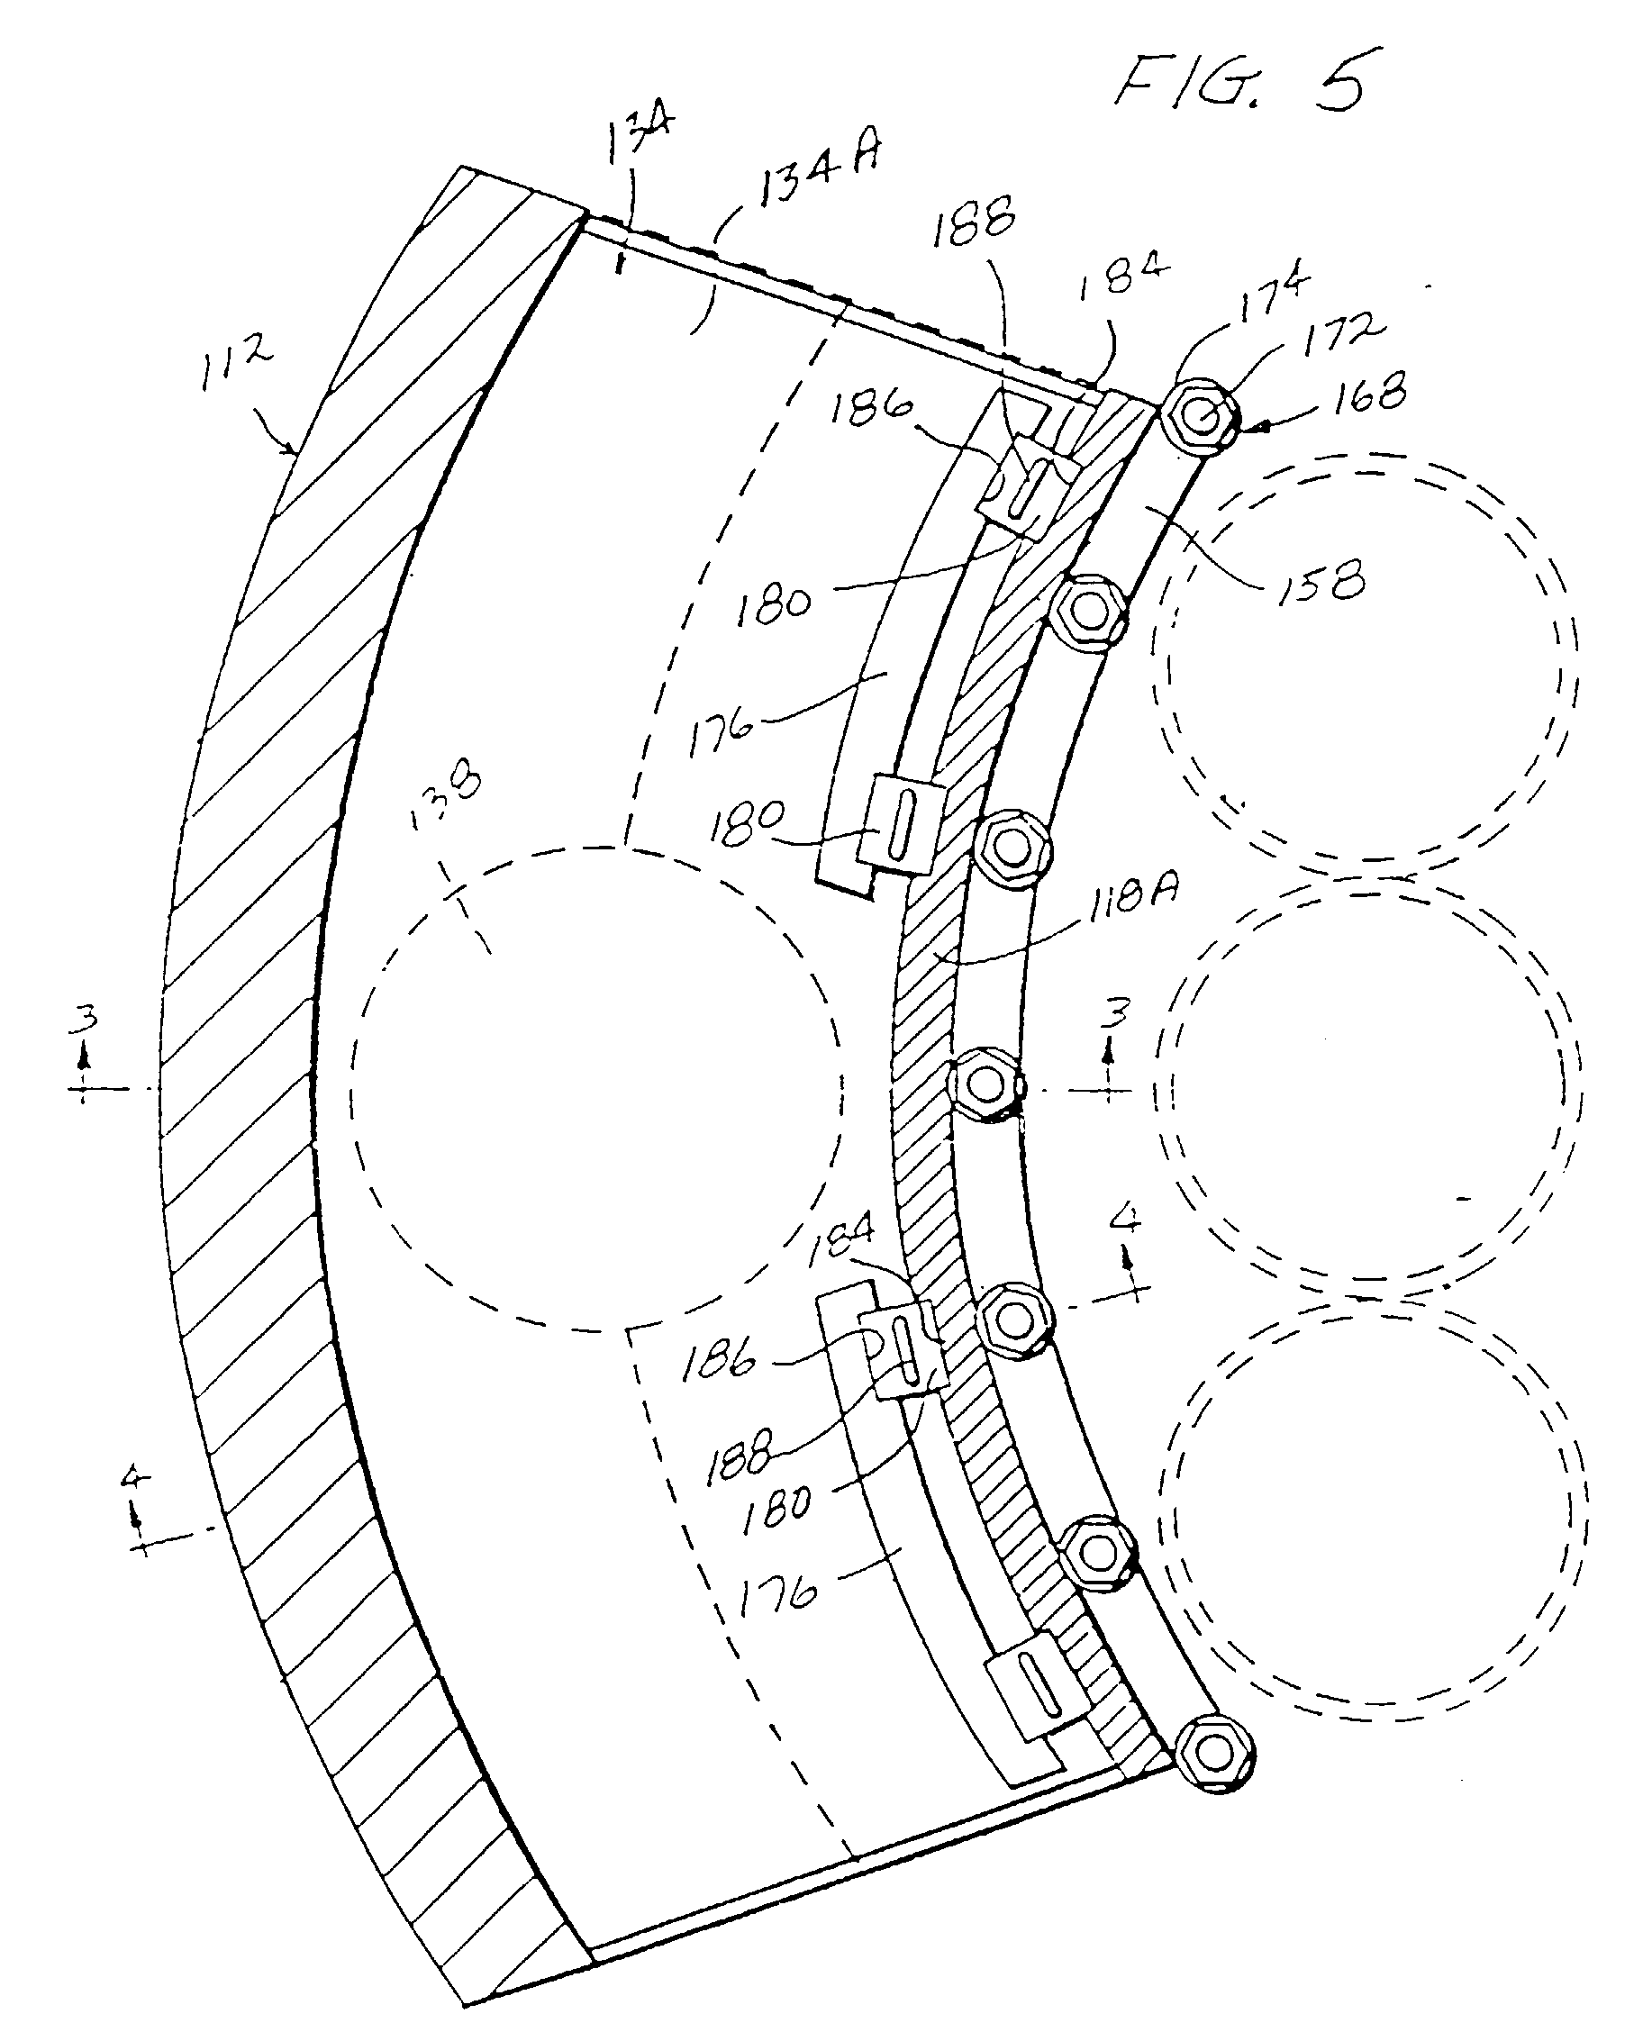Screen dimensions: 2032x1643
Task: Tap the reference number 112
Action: click(236, 363)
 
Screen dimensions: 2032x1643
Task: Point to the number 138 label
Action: click(446, 800)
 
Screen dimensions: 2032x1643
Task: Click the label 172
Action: click(1343, 336)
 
